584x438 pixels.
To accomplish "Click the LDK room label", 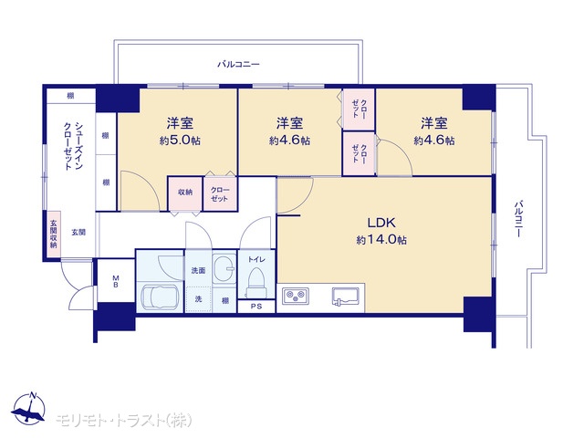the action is point(381,223).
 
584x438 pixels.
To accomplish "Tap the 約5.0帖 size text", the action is point(180,141).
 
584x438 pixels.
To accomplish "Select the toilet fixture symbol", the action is point(256,281).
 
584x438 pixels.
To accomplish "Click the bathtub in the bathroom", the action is point(161,297).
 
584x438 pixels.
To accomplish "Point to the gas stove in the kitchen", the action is point(296,296).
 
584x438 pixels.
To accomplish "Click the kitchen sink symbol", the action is point(345,297).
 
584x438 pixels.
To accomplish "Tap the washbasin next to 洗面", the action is point(224,268).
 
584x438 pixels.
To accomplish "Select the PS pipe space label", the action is point(256,307).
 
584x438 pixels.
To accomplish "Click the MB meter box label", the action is point(116,282).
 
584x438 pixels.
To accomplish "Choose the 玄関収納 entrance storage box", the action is point(54,234).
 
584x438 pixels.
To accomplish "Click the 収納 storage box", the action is point(185,193).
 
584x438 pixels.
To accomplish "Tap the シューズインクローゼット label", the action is point(73,146).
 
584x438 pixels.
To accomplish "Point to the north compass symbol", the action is point(28,408).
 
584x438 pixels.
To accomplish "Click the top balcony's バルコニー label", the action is point(238,64).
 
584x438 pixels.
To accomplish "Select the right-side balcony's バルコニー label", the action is point(518,219).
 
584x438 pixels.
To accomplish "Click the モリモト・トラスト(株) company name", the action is point(124,421).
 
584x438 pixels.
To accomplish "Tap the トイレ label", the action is point(256,259).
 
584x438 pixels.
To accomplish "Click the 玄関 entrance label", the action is point(78,233).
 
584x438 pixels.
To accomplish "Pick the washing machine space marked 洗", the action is point(199,298).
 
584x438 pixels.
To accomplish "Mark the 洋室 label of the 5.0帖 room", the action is point(180,123).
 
